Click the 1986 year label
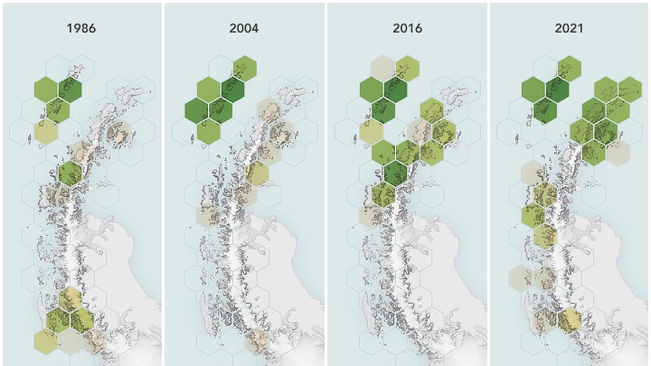[x=81, y=28]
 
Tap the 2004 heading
[x=244, y=28]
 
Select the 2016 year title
[x=407, y=28]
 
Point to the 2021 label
[x=570, y=28]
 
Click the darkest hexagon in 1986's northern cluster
[x=70, y=89]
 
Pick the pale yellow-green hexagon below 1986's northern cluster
[x=45, y=132]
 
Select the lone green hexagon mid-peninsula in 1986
[x=70, y=172]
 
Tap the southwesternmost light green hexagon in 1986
[x=45, y=341]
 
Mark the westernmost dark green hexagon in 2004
[x=196, y=110]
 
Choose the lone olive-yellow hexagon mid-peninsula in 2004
[x=257, y=173]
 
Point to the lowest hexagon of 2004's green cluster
[x=208, y=132]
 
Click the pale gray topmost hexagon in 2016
[x=383, y=68]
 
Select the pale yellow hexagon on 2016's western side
[x=371, y=131]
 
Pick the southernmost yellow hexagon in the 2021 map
[x=570, y=319]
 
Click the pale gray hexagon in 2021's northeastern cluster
[x=618, y=152]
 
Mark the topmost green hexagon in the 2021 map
[x=570, y=68]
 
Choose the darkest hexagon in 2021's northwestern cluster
[x=557, y=89]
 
